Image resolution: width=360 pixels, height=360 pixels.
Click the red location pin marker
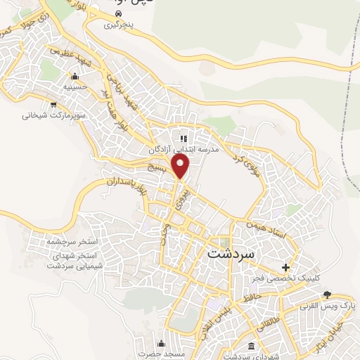point(181,166)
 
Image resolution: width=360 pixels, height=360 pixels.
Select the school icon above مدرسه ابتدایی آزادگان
point(184,139)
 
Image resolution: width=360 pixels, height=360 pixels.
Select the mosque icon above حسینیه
point(74,76)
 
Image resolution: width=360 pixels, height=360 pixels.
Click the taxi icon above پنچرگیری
point(118,13)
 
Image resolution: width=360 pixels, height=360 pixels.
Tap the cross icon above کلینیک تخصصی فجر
point(285,267)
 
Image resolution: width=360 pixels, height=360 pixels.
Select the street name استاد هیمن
point(264,230)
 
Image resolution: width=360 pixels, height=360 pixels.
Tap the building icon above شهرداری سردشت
point(252,346)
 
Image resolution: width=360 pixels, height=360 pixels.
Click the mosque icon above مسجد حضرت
point(162,344)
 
